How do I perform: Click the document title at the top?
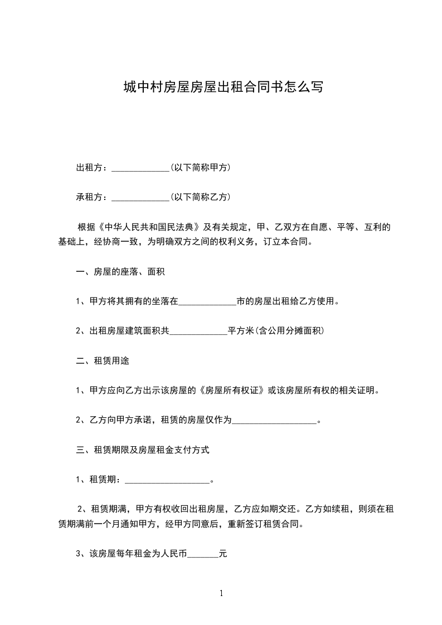coord(222,87)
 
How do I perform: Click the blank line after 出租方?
coord(140,169)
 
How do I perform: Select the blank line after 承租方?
coord(140,198)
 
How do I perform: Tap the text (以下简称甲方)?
coord(201,168)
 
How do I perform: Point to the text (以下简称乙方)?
coord(201,197)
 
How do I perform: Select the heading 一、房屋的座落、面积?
coord(120,272)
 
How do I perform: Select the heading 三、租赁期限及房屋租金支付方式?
coord(143,450)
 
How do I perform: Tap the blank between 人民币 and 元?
coord(203,555)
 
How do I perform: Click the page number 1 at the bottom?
coord(221,593)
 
